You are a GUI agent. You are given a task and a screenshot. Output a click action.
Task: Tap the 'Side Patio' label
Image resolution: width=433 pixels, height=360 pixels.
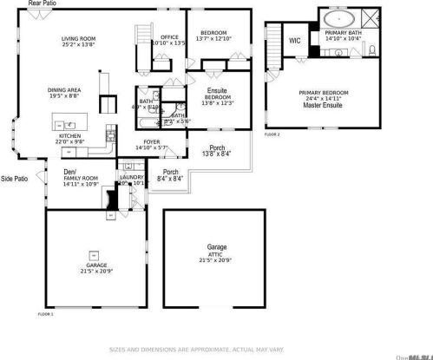pyautogui.click(x=14, y=179)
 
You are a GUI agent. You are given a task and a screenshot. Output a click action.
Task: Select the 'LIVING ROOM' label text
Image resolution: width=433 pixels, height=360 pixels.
pyautogui.click(x=78, y=39)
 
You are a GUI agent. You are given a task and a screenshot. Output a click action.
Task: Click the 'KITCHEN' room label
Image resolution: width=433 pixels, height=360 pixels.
pyautogui.click(x=69, y=136)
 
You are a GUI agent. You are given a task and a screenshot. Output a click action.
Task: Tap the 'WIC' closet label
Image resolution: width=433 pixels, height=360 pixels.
pyautogui.click(x=294, y=40)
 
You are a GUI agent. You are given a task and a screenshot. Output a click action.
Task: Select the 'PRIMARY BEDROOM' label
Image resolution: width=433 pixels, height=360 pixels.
pyautogui.click(x=323, y=92)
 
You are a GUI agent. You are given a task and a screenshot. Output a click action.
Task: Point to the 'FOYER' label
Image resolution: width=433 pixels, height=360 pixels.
pyautogui.click(x=152, y=142)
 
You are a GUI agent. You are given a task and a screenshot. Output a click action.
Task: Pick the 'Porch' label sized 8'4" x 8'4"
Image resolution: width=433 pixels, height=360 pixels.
pyautogui.click(x=171, y=172)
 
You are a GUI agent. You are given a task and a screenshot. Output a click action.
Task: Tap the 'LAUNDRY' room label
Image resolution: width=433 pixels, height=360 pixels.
pyautogui.click(x=132, y=178)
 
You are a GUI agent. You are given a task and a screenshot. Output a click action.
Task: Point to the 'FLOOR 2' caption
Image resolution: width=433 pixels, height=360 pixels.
pyautogui.click(x=272, y=135)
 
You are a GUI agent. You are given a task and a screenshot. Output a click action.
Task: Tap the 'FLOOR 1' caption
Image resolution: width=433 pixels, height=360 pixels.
pyautogui.click(x=46, y=313)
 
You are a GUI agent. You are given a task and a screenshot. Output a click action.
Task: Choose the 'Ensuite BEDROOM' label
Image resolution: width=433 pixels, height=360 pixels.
pyautogui.click(x=216, y=95)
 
